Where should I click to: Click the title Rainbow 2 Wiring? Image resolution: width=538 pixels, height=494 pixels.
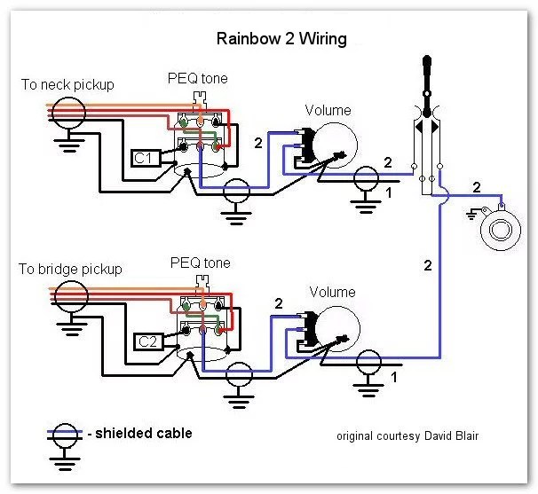(x=281, y=40)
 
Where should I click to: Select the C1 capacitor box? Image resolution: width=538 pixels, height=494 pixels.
(x=143, y=158)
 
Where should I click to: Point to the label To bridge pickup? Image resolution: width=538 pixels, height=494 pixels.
(x=69, y=269)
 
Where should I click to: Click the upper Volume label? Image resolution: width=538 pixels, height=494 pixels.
(x=328, y=111)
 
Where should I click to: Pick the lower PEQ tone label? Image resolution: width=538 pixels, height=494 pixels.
(x=200, y=263)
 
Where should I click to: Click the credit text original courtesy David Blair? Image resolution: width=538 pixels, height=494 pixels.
(x=407, y=436)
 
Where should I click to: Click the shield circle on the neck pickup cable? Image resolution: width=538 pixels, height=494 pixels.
(x=67, y=111)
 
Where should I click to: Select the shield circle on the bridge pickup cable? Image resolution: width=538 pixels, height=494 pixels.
(x=67, y=294)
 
